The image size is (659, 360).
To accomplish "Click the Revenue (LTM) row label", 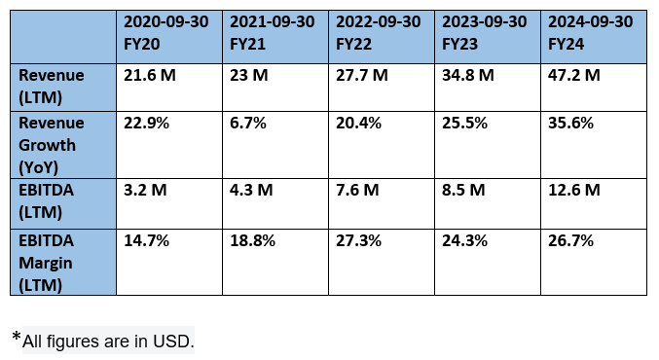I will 52,85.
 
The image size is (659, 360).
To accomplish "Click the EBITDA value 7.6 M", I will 356,191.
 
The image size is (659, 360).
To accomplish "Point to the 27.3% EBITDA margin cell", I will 359,239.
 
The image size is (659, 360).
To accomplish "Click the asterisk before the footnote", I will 17,338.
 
